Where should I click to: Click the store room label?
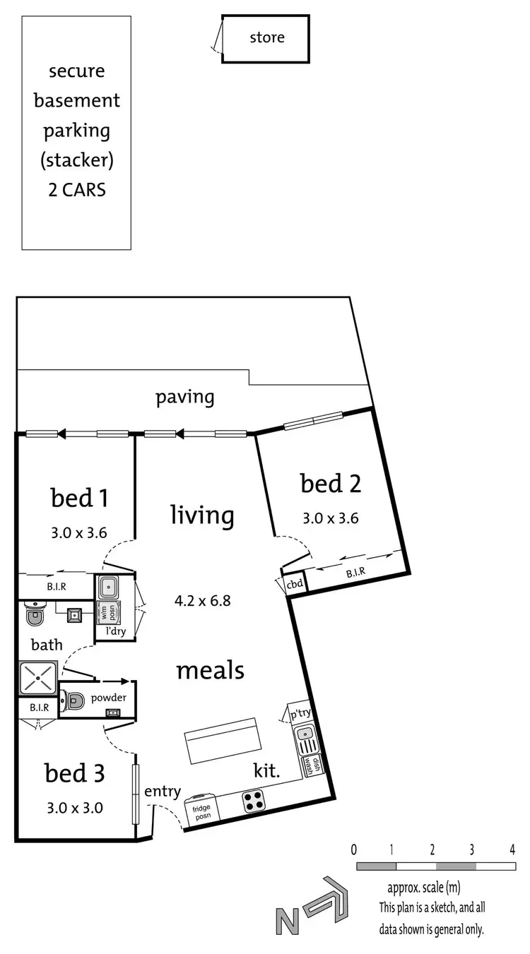[x=266, y=37]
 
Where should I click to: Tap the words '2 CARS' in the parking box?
[x=77, y=190]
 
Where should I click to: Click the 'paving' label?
[x=184, y=397]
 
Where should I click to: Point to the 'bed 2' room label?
[x=331, y=484]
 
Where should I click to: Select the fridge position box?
[x=202, y=810]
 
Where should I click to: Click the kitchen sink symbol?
[x=306, y=743]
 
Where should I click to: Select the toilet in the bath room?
[x=34, y=616]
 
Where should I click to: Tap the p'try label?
[x=301, y=713]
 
